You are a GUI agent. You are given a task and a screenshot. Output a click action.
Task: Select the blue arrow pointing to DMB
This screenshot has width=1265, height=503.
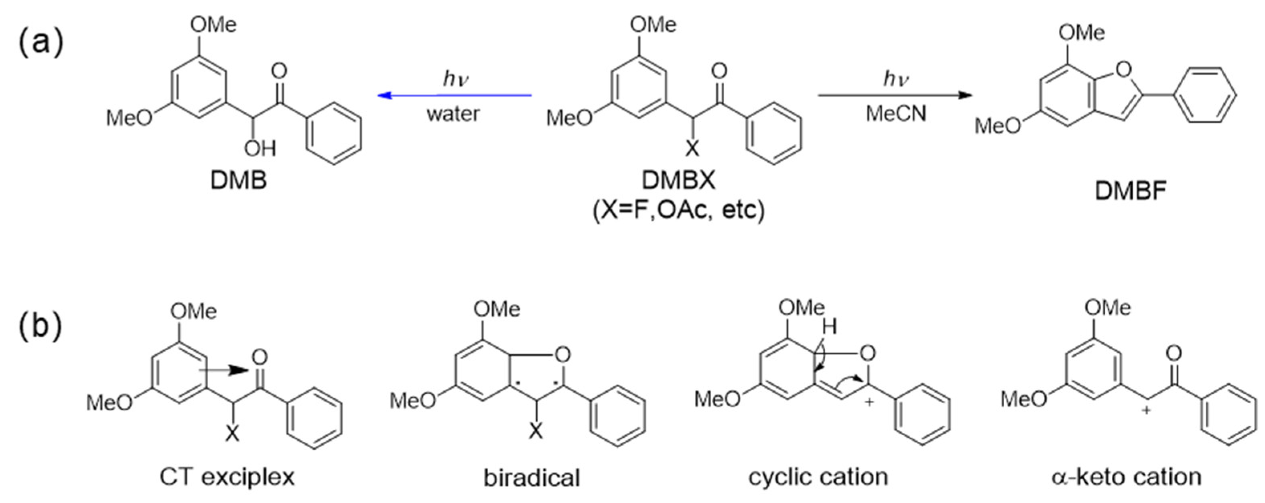454,95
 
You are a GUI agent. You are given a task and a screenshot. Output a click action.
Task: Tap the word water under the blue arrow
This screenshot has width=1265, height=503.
453,114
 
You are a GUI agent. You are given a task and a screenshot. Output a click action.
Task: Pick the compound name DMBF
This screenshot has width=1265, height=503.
1131,191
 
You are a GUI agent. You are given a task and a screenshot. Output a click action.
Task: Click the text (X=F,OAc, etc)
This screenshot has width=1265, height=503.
679,211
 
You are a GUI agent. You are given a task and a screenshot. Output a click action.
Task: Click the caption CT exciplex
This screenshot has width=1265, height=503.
227,477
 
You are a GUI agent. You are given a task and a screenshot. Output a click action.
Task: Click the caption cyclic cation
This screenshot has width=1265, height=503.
818,477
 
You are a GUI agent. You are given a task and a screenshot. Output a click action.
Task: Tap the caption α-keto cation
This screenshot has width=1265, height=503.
1127,477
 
